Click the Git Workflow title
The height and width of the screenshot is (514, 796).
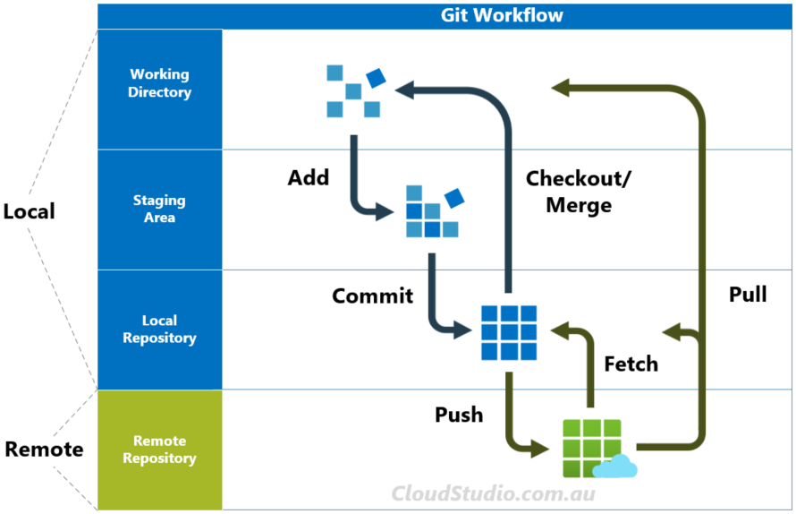pos(502,15)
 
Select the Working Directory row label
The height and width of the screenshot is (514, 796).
pos(159,83)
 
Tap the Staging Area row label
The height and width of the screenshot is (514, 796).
pos(159,209)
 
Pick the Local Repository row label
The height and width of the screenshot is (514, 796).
pos(159,329)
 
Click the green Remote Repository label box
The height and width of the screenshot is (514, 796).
pos(159,450)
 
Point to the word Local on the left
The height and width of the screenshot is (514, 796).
pos(30,211)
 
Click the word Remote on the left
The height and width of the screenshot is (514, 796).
pos(44,449)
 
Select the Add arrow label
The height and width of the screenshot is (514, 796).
pos(308,177)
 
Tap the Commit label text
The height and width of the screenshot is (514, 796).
pos(372,296)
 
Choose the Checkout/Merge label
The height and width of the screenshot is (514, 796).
pos(578,191)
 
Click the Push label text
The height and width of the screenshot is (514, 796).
pos(459,415)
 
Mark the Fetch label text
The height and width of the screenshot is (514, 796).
pos(631,364)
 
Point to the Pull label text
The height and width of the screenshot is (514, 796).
pos(748,294)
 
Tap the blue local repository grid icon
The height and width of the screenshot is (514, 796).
pos(509,332)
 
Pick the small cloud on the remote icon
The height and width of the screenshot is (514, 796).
pos(614,467)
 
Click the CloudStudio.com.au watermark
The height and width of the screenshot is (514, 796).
pos(494,493)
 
